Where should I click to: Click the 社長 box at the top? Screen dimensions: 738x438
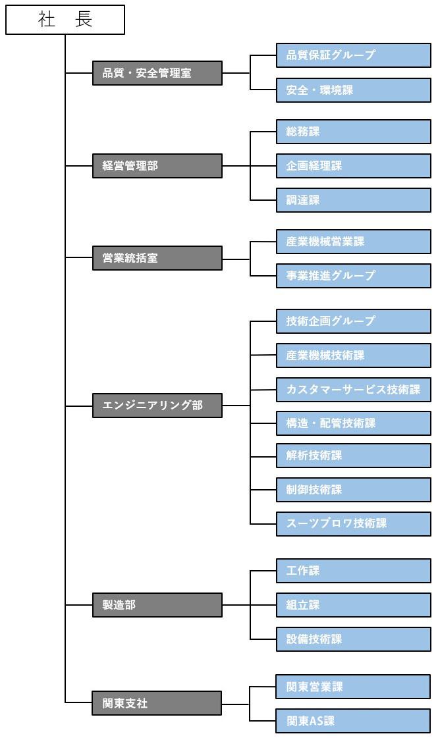(65, 20)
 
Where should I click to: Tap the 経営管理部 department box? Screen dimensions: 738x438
(157, 166)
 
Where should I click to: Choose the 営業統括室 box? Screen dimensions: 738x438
(157, 258)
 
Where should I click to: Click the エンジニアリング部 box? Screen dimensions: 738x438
(157, 406)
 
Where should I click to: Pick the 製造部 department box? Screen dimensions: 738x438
(157, 605)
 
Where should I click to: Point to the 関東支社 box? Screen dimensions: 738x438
(157, 703)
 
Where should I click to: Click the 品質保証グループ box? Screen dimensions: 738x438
(354, 56)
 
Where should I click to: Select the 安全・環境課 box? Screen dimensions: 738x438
(354, 90)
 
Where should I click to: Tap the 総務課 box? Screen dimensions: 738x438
(354, 132)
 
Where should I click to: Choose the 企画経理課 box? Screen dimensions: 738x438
(354, 166)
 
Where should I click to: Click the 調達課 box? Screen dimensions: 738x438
(354, 200)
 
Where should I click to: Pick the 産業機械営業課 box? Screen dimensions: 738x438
(354, 242)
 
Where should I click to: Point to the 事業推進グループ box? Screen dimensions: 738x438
(354, 276)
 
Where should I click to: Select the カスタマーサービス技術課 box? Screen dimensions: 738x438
(354, 389)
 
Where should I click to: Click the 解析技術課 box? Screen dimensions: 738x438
(354, 456)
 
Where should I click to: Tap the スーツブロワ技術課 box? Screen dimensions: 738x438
(354, 524)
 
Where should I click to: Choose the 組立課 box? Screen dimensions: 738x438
(354, 605)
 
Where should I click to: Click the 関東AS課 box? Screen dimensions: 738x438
(354, 721)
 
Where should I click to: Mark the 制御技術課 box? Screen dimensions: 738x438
(354, 490)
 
